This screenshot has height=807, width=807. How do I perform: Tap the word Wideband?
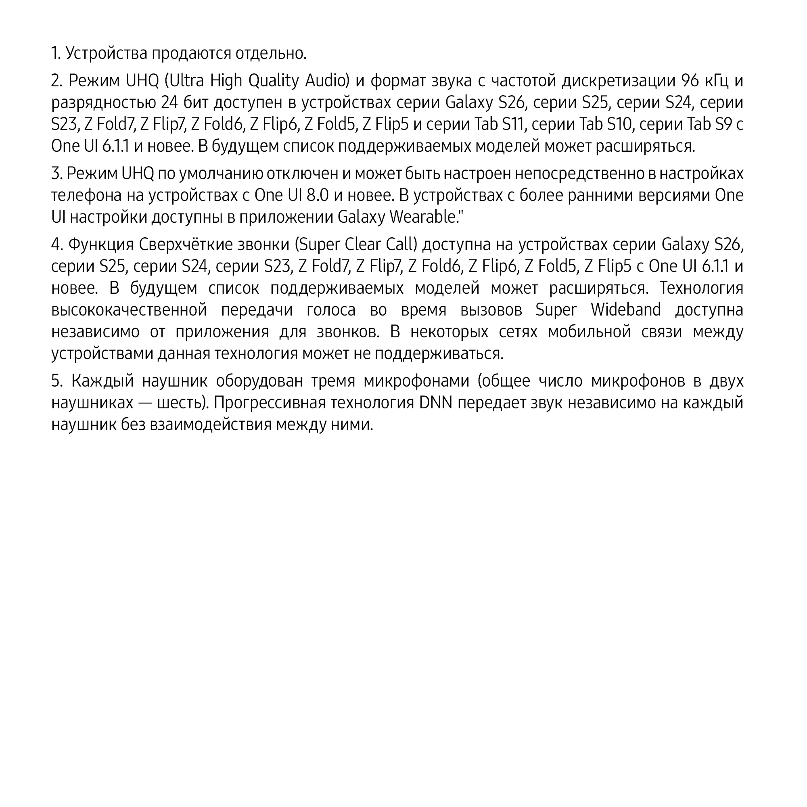(626, 309)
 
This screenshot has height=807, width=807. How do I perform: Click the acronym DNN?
(436, 403)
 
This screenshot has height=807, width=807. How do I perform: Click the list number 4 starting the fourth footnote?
(56, 245)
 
